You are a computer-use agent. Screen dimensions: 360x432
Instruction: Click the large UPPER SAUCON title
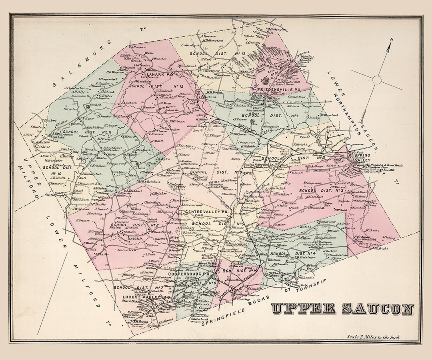click(342, 309)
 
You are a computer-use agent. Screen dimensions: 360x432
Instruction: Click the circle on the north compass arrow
click(377, 80)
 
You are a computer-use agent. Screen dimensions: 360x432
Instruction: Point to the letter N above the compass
click(392, 40)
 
